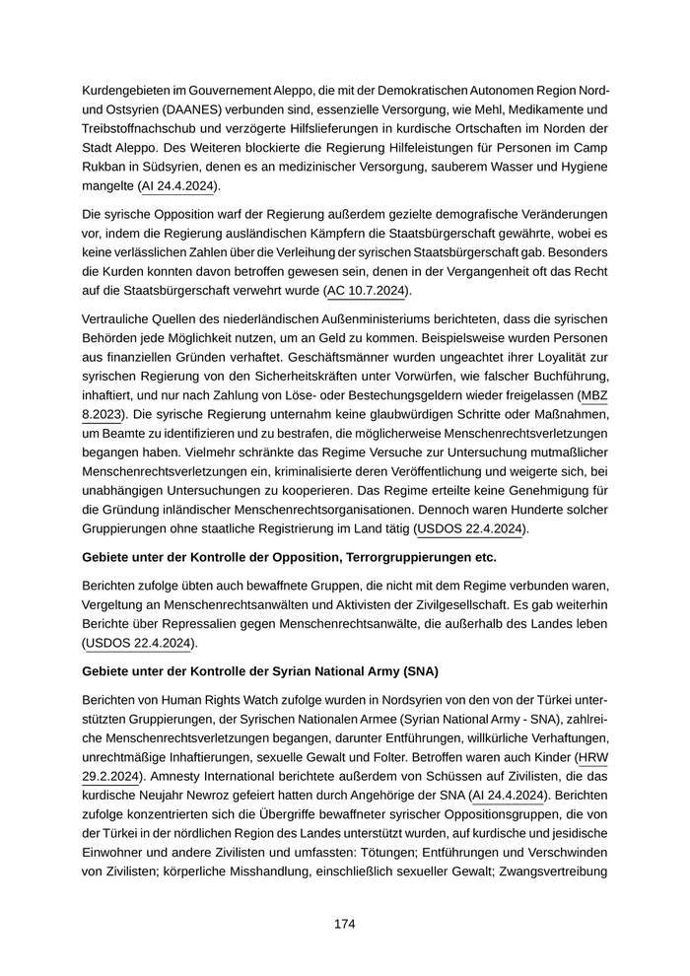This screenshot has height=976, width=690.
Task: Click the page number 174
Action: (344, 924)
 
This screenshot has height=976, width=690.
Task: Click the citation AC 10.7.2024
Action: (367, 291)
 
